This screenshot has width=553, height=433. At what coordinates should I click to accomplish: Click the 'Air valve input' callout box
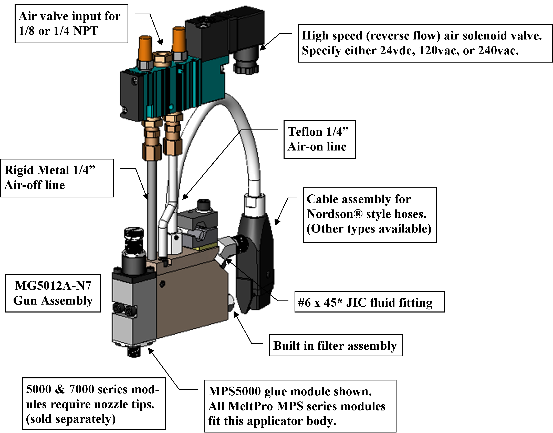point(71,24)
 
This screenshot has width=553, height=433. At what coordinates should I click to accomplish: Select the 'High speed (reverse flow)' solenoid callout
point(425,43)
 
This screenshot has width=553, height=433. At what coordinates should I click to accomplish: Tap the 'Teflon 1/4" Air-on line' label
point(319,139)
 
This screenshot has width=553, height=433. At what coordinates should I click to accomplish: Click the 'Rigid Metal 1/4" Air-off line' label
point(57,178)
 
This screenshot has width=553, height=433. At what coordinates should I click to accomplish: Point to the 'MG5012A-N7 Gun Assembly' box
point(53,293)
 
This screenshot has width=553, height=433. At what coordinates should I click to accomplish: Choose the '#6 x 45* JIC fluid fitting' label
point(369,302)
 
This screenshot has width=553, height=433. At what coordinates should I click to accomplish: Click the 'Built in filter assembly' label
point(336,345)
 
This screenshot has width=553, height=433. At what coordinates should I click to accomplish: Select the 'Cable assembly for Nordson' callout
point(370,215)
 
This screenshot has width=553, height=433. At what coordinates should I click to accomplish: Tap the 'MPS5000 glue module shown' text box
point(300,406)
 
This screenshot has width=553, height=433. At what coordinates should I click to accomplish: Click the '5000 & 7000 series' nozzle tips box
point(94,404)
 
